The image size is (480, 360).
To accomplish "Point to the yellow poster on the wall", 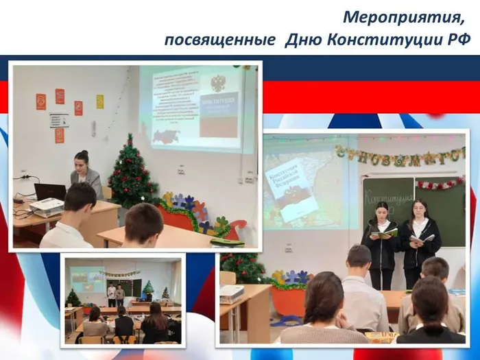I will pos(100,101).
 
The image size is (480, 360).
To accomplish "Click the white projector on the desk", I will pos(47,205).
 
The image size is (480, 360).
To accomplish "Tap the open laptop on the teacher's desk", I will pos(49,191).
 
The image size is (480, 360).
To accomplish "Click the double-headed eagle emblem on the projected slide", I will pos(218,84).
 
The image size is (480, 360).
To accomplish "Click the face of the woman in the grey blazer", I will pos(82,163).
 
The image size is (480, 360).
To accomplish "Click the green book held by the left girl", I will pos(384,234).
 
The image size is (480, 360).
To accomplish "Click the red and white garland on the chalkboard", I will pos(440,183).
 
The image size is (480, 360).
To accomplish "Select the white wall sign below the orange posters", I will pos(58,120).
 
